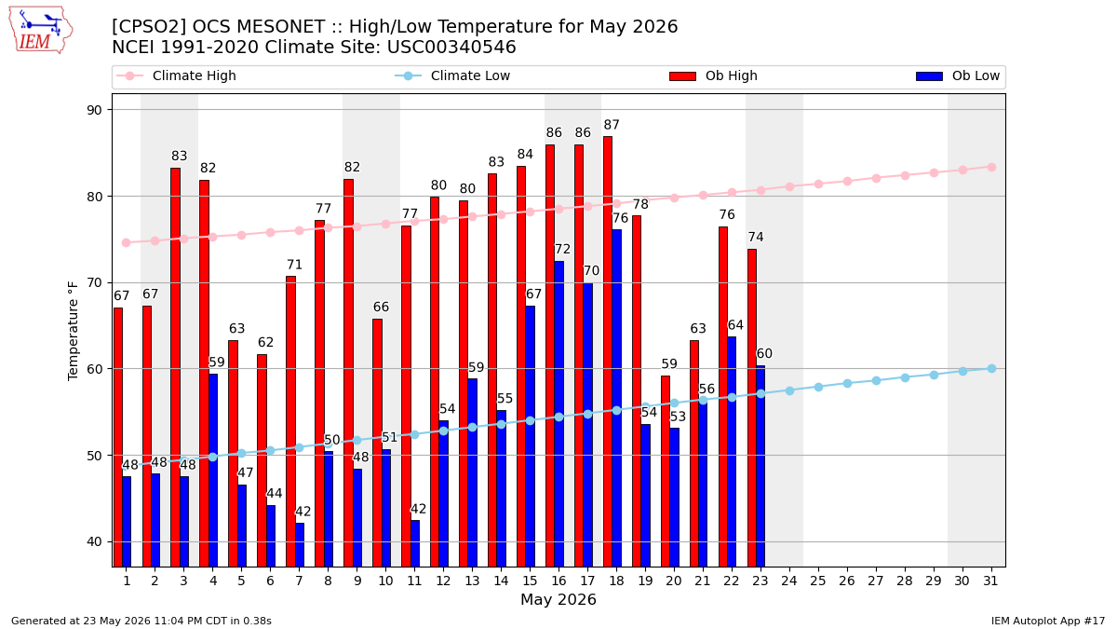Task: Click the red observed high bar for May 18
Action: coord(607,351)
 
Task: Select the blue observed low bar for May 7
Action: coord(300,544)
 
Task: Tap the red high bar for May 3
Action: coord(176,367)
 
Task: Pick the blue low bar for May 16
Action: coord(559,414)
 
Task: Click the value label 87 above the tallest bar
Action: coord(612,124)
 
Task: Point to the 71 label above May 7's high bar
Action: coord(294,265)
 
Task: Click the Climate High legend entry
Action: coord(176,75)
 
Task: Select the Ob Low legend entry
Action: coord(958,75)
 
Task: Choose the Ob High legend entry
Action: coord(714,75)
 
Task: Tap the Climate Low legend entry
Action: coord(452,75)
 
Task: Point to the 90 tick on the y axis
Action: coord(94,110)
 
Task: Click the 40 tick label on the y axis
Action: coord(94,542)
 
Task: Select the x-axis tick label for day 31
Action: coord(990,581)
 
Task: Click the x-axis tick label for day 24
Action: coord(789,581)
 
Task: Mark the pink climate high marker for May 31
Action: coord(992,167)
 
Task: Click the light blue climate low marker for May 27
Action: coord(876,380)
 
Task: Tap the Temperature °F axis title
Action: coord(73,331)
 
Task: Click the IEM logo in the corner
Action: coord(41,30)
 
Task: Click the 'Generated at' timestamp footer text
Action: coord(141,621)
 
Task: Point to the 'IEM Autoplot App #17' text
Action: coord(1048,621)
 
